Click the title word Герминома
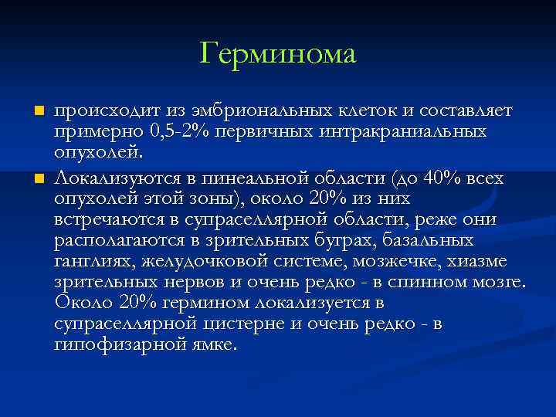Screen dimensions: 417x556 pos(278,54)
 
